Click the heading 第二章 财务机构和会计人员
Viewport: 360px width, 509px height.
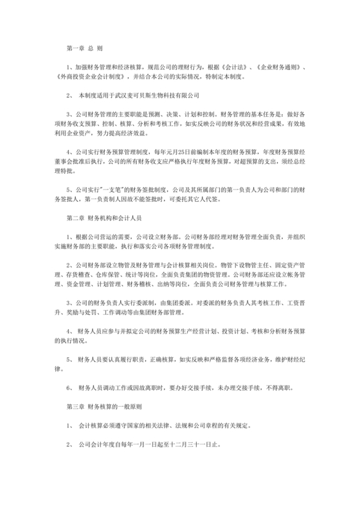coord(104,219)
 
